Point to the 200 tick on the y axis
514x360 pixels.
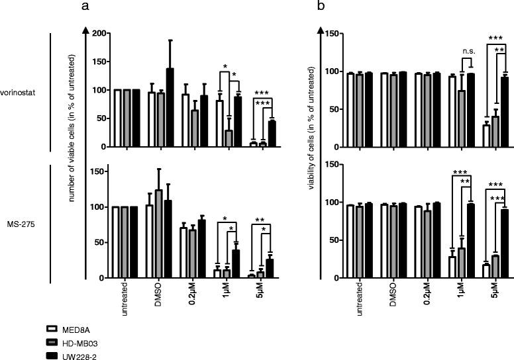click(99, 33)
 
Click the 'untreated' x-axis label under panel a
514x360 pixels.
click(123, 300)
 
